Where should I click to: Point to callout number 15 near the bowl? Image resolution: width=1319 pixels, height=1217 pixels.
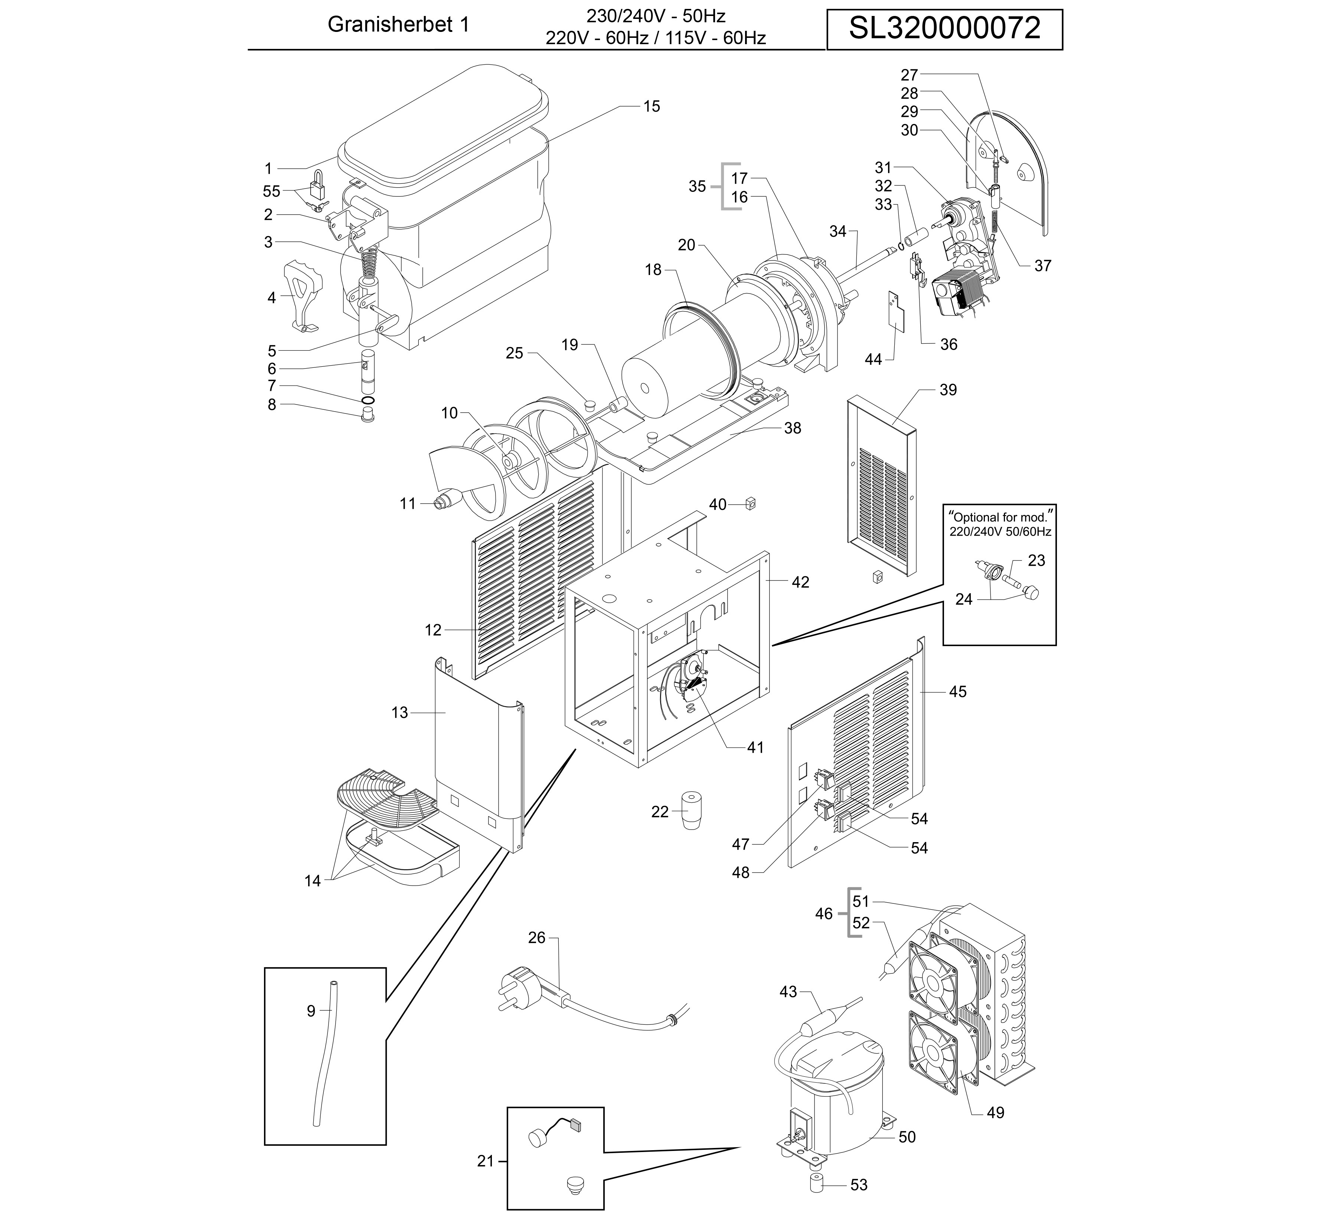pos(651,106)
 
